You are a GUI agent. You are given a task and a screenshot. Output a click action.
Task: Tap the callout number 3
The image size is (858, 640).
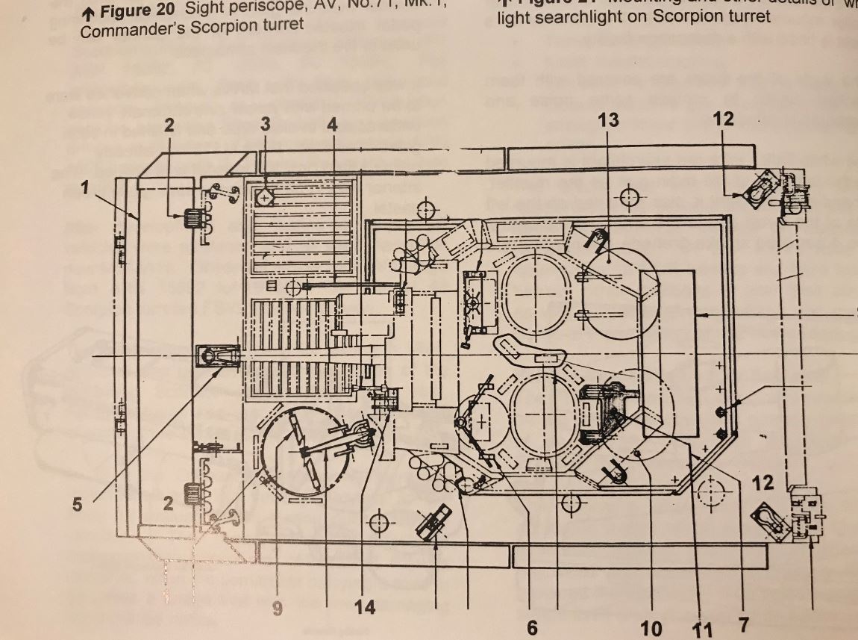pos(266,125)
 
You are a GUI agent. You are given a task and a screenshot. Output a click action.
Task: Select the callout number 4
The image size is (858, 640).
pos(331,125)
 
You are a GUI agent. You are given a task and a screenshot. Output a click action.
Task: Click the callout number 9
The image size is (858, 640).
pos(278,609)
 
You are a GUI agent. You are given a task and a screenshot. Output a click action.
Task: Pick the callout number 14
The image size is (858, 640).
pos(364,607)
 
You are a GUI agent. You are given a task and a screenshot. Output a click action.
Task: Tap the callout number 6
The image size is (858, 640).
pos(532,627)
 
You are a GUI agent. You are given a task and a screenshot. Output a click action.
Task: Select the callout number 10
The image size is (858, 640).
pos(651,628)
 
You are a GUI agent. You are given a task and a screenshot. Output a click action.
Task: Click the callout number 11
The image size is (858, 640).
pos(702,629)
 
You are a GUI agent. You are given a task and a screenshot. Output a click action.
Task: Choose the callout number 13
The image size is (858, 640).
pos(609,119)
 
